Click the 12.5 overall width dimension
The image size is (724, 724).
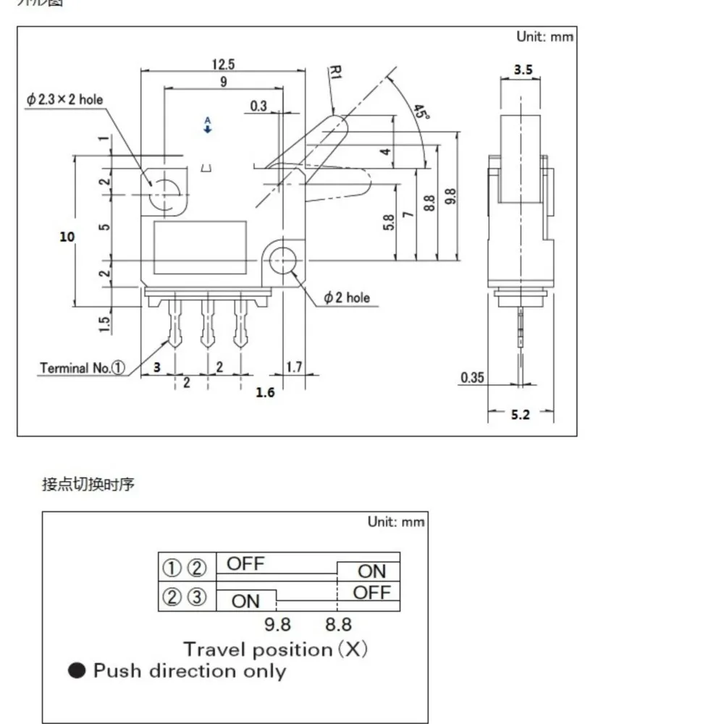(223, 64)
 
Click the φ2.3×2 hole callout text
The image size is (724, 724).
(64, 100)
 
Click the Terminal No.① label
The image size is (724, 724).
(83, 368)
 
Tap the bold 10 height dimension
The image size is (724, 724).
(67, 237)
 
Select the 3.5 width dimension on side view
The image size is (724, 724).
(523, 70)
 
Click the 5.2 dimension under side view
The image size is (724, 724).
(521, 415)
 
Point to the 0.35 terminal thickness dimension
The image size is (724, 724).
(471, 377)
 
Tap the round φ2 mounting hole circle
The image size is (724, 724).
(282, 258)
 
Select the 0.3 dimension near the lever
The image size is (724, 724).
(258, 106)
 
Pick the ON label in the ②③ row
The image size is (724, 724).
(246, 601)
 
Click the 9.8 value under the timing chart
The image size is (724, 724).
(277, 624)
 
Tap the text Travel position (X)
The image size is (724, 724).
(275, 649)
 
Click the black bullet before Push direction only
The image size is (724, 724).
(77, 671)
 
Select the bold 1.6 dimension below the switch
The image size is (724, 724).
(266, 393)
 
